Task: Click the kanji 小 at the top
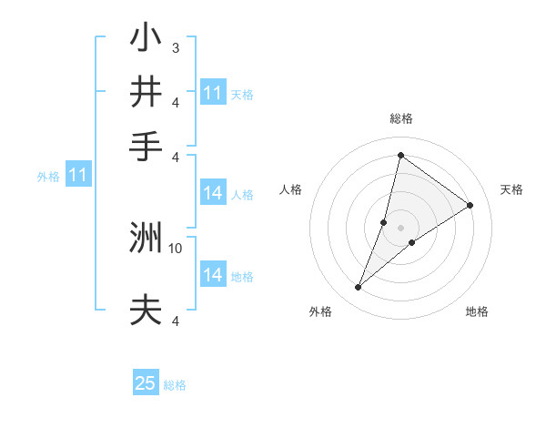pos(146,39)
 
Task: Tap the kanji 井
pos(146,92)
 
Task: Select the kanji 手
pos(146,146)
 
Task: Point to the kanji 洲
pos(146,239)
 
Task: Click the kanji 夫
pos(146,311)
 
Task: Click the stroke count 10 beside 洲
pos(177,247)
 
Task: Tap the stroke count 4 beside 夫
pos(175,320)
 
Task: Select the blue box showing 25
pos(146,383)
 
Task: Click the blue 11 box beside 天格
pos(213,93)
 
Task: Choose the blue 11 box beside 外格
pos(78,175)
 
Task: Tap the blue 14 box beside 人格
pos(213,193)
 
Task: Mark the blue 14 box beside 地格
pos(213,275)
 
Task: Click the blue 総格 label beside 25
pos(175,385)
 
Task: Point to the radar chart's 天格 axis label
pos(511,189)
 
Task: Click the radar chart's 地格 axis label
pos(477,311)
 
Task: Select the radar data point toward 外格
pos(359,288)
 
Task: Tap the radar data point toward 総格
pos(400,154)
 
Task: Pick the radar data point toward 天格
pos(470,206)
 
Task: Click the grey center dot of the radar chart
pos(400,228)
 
